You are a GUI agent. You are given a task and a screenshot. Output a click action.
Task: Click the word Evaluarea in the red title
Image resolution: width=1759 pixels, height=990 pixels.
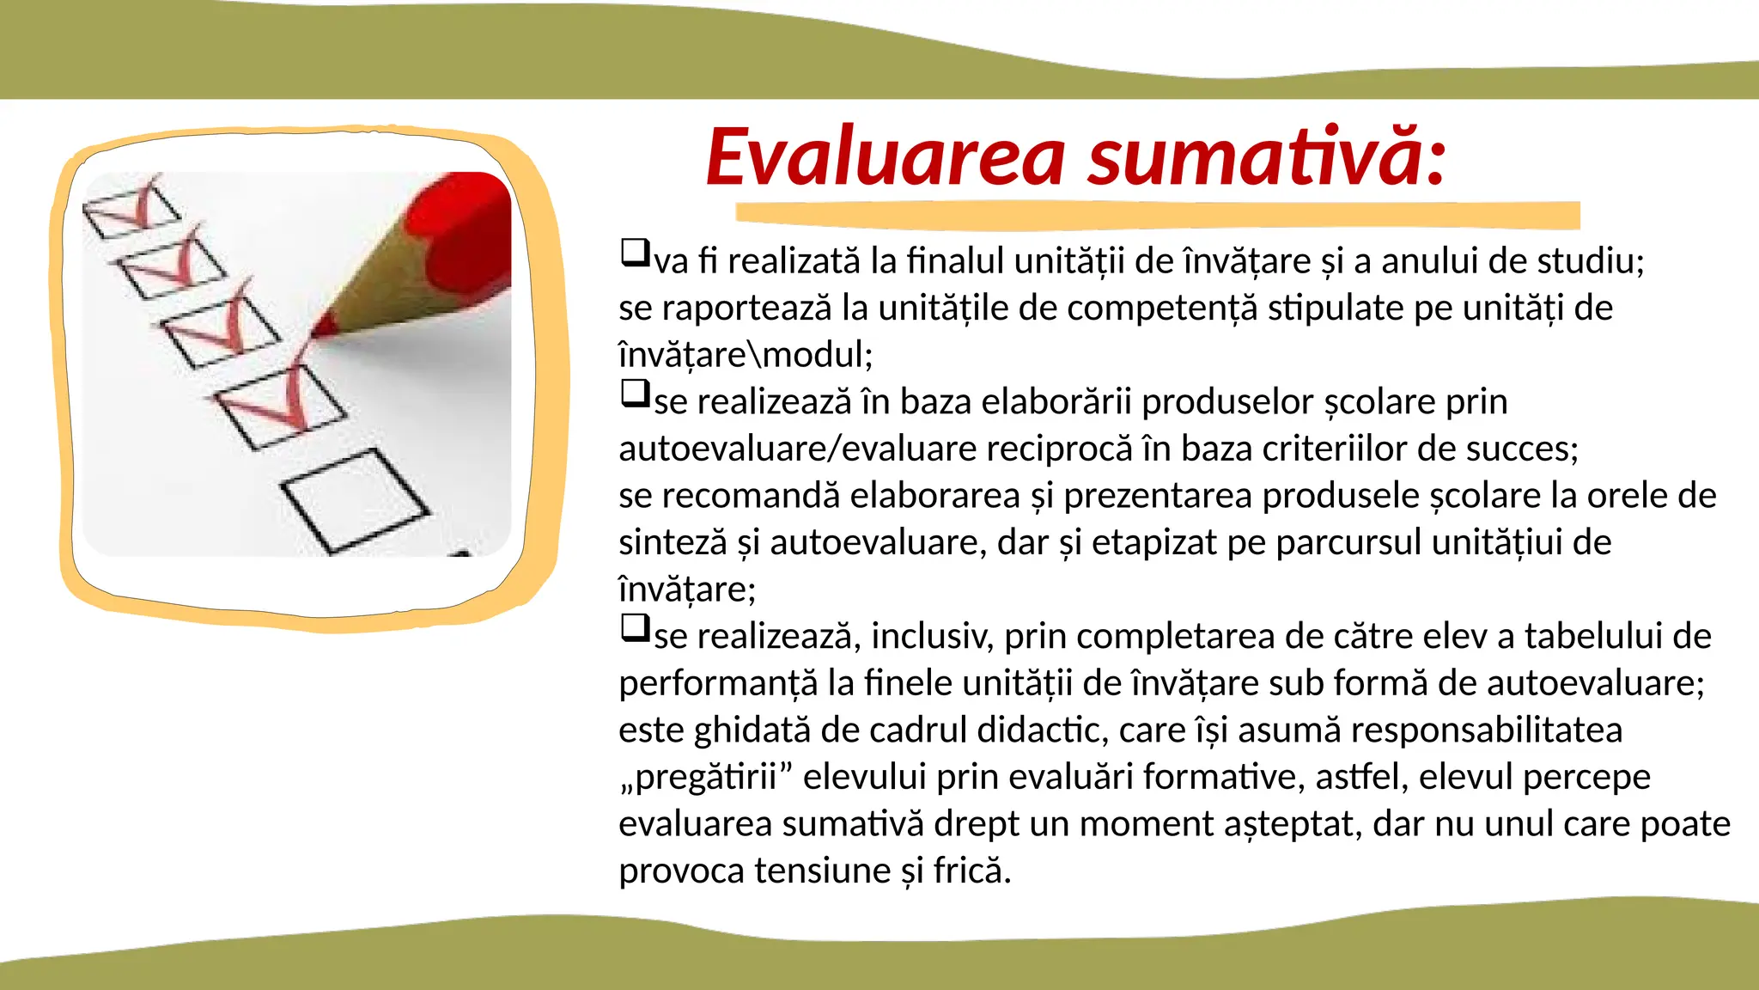[886, 157]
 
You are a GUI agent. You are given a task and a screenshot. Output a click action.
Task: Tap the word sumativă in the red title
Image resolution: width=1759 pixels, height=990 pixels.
[1267, 157]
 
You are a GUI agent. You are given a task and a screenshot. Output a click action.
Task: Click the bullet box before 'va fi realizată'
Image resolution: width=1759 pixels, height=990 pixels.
[635, 253]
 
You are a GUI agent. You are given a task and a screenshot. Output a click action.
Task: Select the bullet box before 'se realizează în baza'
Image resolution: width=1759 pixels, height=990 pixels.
[635, 394]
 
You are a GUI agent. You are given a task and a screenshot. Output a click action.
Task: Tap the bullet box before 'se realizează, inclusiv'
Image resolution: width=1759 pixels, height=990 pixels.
[635, 628]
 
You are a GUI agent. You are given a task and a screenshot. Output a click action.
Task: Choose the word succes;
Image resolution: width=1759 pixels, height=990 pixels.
[1522, 449]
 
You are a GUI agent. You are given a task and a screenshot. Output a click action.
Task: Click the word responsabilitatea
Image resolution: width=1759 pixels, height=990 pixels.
[1486, 730]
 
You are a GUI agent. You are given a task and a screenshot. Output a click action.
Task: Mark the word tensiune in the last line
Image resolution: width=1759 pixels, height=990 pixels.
[824, 871]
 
